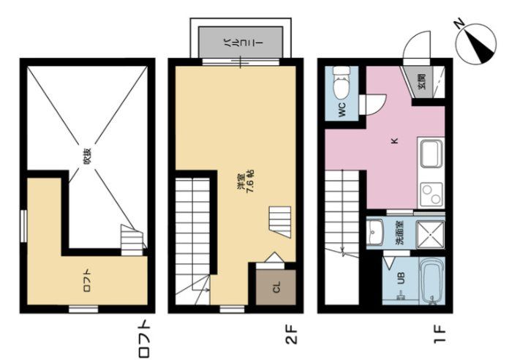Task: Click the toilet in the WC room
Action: click(x=342, y=83)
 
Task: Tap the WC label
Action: click(x=342, y=110)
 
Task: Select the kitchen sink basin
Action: click(x=431, y=154)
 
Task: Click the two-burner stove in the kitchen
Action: click(x=431, y=193)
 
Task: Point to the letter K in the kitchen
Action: click(x=394, y=140)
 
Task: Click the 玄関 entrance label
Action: click(x=421, y=81)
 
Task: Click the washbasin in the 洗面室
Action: click(x=375, y=233)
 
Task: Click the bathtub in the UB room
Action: click(x=431, y=281)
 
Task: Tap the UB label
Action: click(x=401, y=279)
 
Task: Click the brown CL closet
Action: click(x=276, y=288)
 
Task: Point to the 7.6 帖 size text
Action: click(x=250, y=181)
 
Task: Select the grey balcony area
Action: click(x=241, y=42)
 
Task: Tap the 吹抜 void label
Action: click(x=87, y=157)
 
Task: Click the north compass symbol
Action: click(x=475, y=42)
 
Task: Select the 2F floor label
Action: click(x=291, y=334)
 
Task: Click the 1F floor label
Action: click(x=440, y=334)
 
